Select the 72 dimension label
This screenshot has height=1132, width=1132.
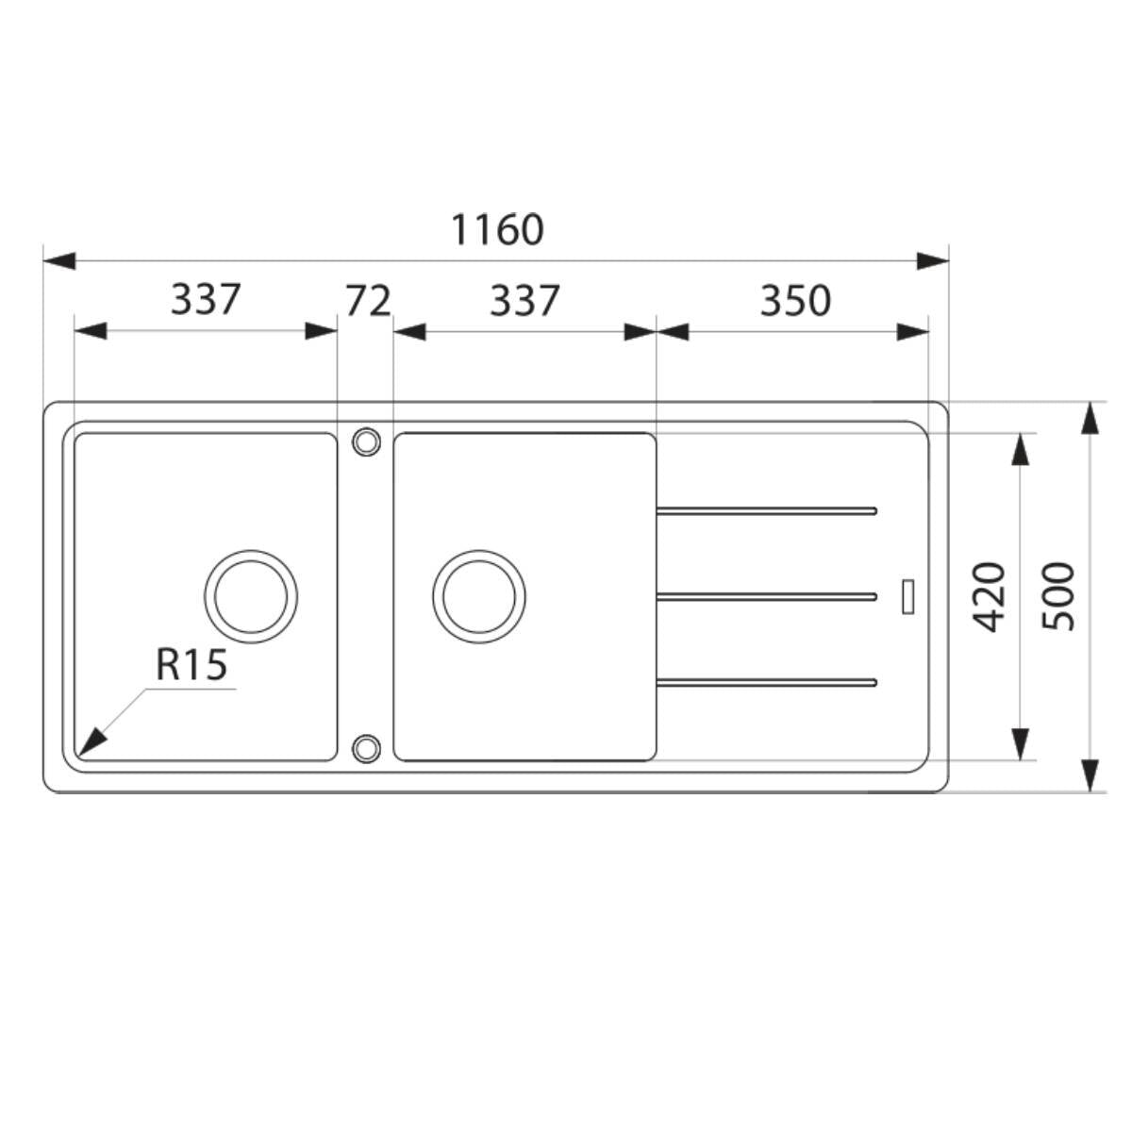368,301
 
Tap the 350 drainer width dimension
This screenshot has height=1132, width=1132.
795,301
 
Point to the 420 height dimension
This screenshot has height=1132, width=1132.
989,597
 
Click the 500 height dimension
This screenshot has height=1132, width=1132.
1058,597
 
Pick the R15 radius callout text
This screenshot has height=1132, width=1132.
191,665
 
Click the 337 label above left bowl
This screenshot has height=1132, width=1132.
206,300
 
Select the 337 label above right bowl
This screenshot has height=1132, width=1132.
524,301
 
